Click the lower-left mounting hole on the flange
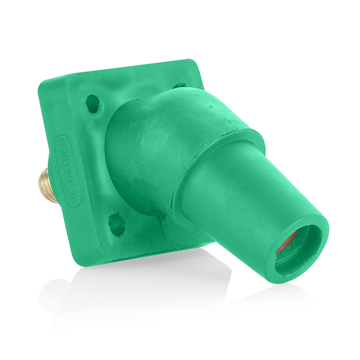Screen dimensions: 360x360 (117, 224)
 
